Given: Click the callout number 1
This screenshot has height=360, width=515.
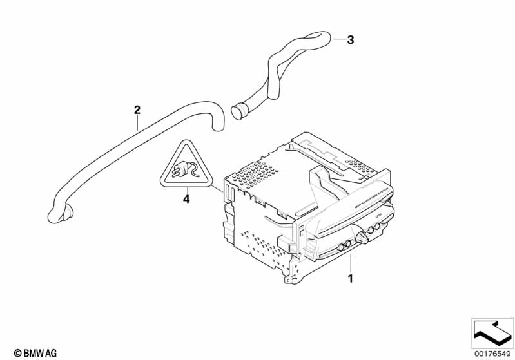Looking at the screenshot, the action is (350, 279).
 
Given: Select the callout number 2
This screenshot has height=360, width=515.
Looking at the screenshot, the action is (137, 109).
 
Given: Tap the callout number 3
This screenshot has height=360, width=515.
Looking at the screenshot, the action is (350, 40).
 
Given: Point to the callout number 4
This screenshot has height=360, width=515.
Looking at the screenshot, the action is (186, 199).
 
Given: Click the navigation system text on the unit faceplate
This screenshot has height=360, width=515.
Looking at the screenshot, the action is (367, 194).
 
